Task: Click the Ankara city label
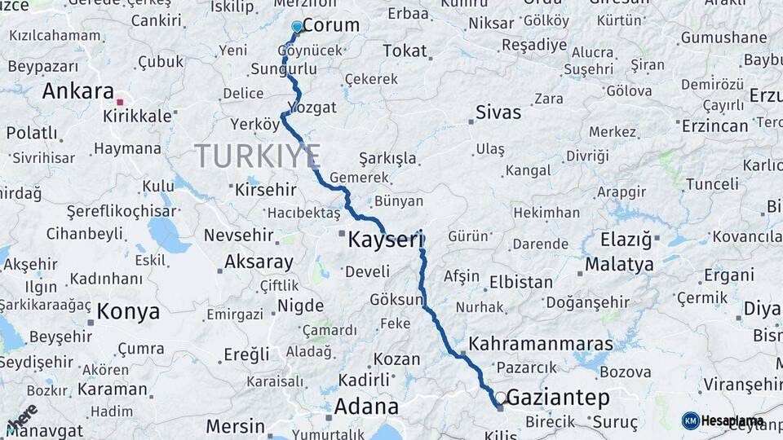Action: point(77,91)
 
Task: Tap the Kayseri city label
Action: point(387,240)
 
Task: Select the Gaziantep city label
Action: point(559,398)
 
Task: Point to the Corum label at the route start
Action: point(330,25)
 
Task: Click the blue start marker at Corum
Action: point(297,27)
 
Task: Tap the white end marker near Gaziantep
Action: point(500,398)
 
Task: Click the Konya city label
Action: point(128,311)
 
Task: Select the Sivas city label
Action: point(498,112)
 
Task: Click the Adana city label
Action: point(366,407)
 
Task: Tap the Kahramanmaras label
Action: point(529,344)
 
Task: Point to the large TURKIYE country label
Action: point(258,155)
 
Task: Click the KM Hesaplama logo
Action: point(723,420)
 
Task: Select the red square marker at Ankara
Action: point(120,102)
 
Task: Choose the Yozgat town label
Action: point(312,108)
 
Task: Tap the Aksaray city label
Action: point(258,262)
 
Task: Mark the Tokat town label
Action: point(405,51)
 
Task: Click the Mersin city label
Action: point(235,426)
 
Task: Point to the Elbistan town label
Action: point(520,283)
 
